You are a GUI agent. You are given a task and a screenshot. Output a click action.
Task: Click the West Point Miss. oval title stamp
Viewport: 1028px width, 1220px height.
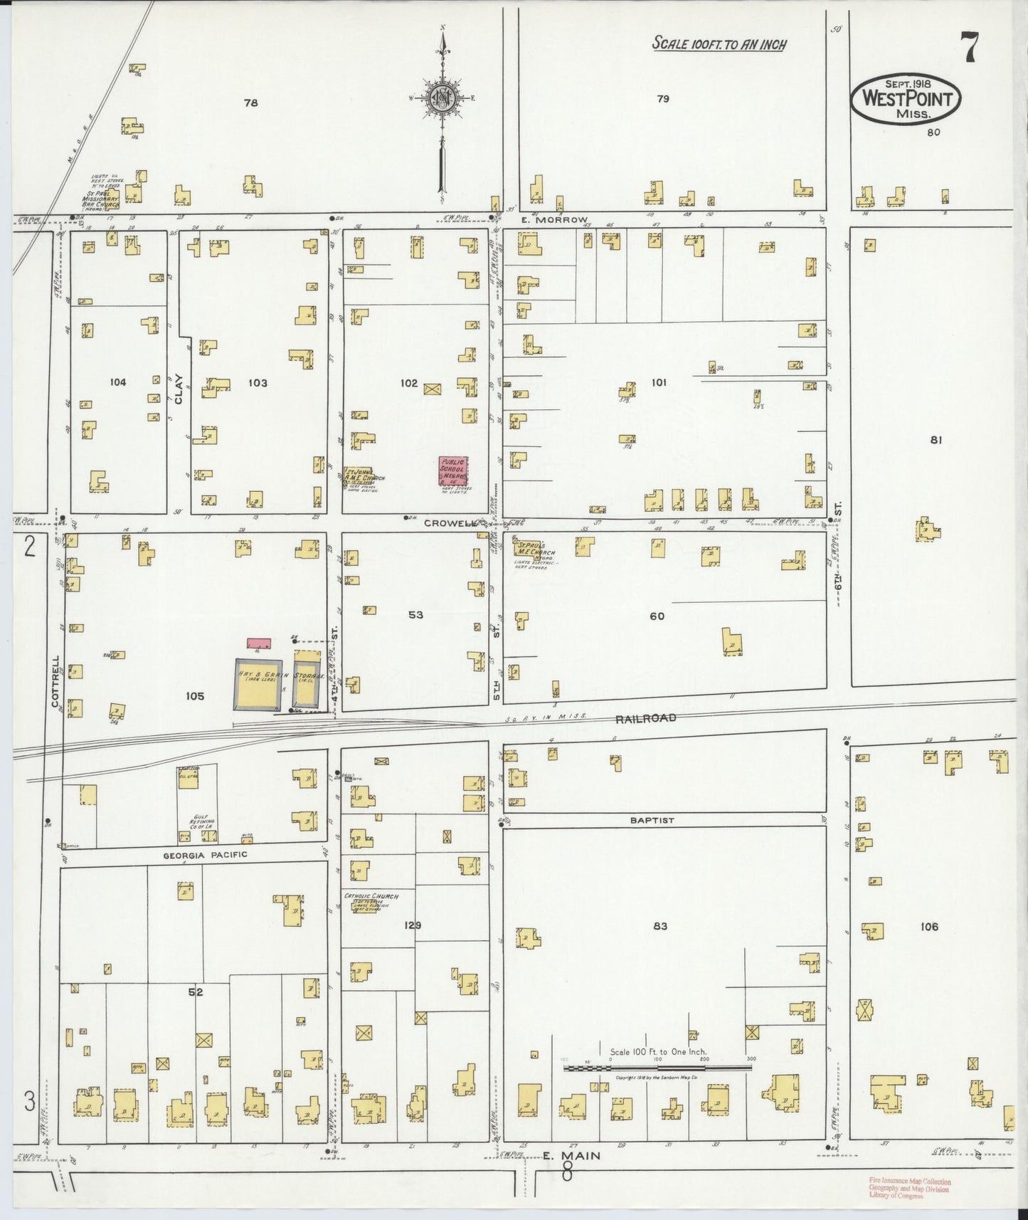point(906,98)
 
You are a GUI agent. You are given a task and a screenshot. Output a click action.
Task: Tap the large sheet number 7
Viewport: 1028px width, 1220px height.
point(969,48)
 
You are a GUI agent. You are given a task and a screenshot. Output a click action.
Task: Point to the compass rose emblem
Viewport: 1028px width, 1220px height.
point(443,98)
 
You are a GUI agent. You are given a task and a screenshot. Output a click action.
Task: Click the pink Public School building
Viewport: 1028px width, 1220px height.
point(452,470)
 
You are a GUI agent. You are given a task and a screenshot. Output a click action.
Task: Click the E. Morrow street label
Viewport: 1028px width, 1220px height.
point(563,219)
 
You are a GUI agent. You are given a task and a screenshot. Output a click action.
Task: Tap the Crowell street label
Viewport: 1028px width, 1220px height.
point(450,522)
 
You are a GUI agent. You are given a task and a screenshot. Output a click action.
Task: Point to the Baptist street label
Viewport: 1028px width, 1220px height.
point(652,820)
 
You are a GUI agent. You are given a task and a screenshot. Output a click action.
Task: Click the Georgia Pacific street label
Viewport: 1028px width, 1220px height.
point(204,854)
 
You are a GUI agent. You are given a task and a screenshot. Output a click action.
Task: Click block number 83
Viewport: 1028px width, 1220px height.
point(659,926)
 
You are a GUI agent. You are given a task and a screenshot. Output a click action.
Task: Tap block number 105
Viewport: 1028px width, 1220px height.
point(194,695)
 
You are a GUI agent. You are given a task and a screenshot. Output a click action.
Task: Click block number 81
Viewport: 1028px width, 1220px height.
point(936,440)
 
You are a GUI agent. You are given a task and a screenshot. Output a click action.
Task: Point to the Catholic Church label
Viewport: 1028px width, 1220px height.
point(371,897)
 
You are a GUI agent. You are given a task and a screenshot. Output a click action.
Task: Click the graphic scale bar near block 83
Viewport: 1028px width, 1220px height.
point(658,1068)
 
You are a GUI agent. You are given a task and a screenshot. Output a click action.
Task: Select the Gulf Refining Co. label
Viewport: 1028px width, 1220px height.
point(198,826)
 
